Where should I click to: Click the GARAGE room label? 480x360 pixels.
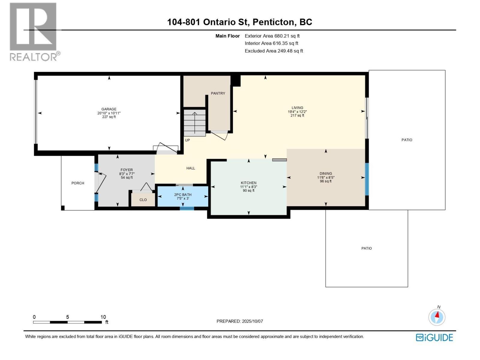pyautogui.click(x=109, y=109)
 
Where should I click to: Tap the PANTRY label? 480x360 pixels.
pyautogui.click(x=218, y=93)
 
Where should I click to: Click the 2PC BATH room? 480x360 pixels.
pyautogui.click(x=183, y=196)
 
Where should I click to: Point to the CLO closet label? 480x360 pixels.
pyautogui.click(x=143, y=200)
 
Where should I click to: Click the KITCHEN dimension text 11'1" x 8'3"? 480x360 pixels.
pyautogui.click(x=248, y=187)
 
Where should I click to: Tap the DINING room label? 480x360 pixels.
pyautogui.click(x=325, y=173)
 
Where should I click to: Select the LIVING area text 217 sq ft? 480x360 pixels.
pyautogui.click(x=297, y=115)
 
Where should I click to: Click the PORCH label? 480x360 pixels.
pyautogui.click(x=78, y=183)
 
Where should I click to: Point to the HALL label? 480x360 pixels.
pyautogui.click(x=190, y=168)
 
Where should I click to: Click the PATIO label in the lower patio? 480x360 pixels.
pyautogui.click(x=366, y=248)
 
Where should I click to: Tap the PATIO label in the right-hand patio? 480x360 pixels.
pyautogui.click(x=406, y=140)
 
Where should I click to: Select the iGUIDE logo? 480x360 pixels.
pyautogui.click(x=434, y=337)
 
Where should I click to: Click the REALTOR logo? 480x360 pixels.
pyautogui.click(x=34, y=31)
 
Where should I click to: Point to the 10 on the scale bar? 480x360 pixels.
pyautogui.click(x=103, y=317)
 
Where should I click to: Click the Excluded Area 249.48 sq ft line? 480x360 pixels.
pyautogui.click(x=274, y=51)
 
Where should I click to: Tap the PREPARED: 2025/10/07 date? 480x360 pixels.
pyautogui.click(x=239, y=321)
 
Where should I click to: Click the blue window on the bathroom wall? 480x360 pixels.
pyautogui.click(x=187, y=208)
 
